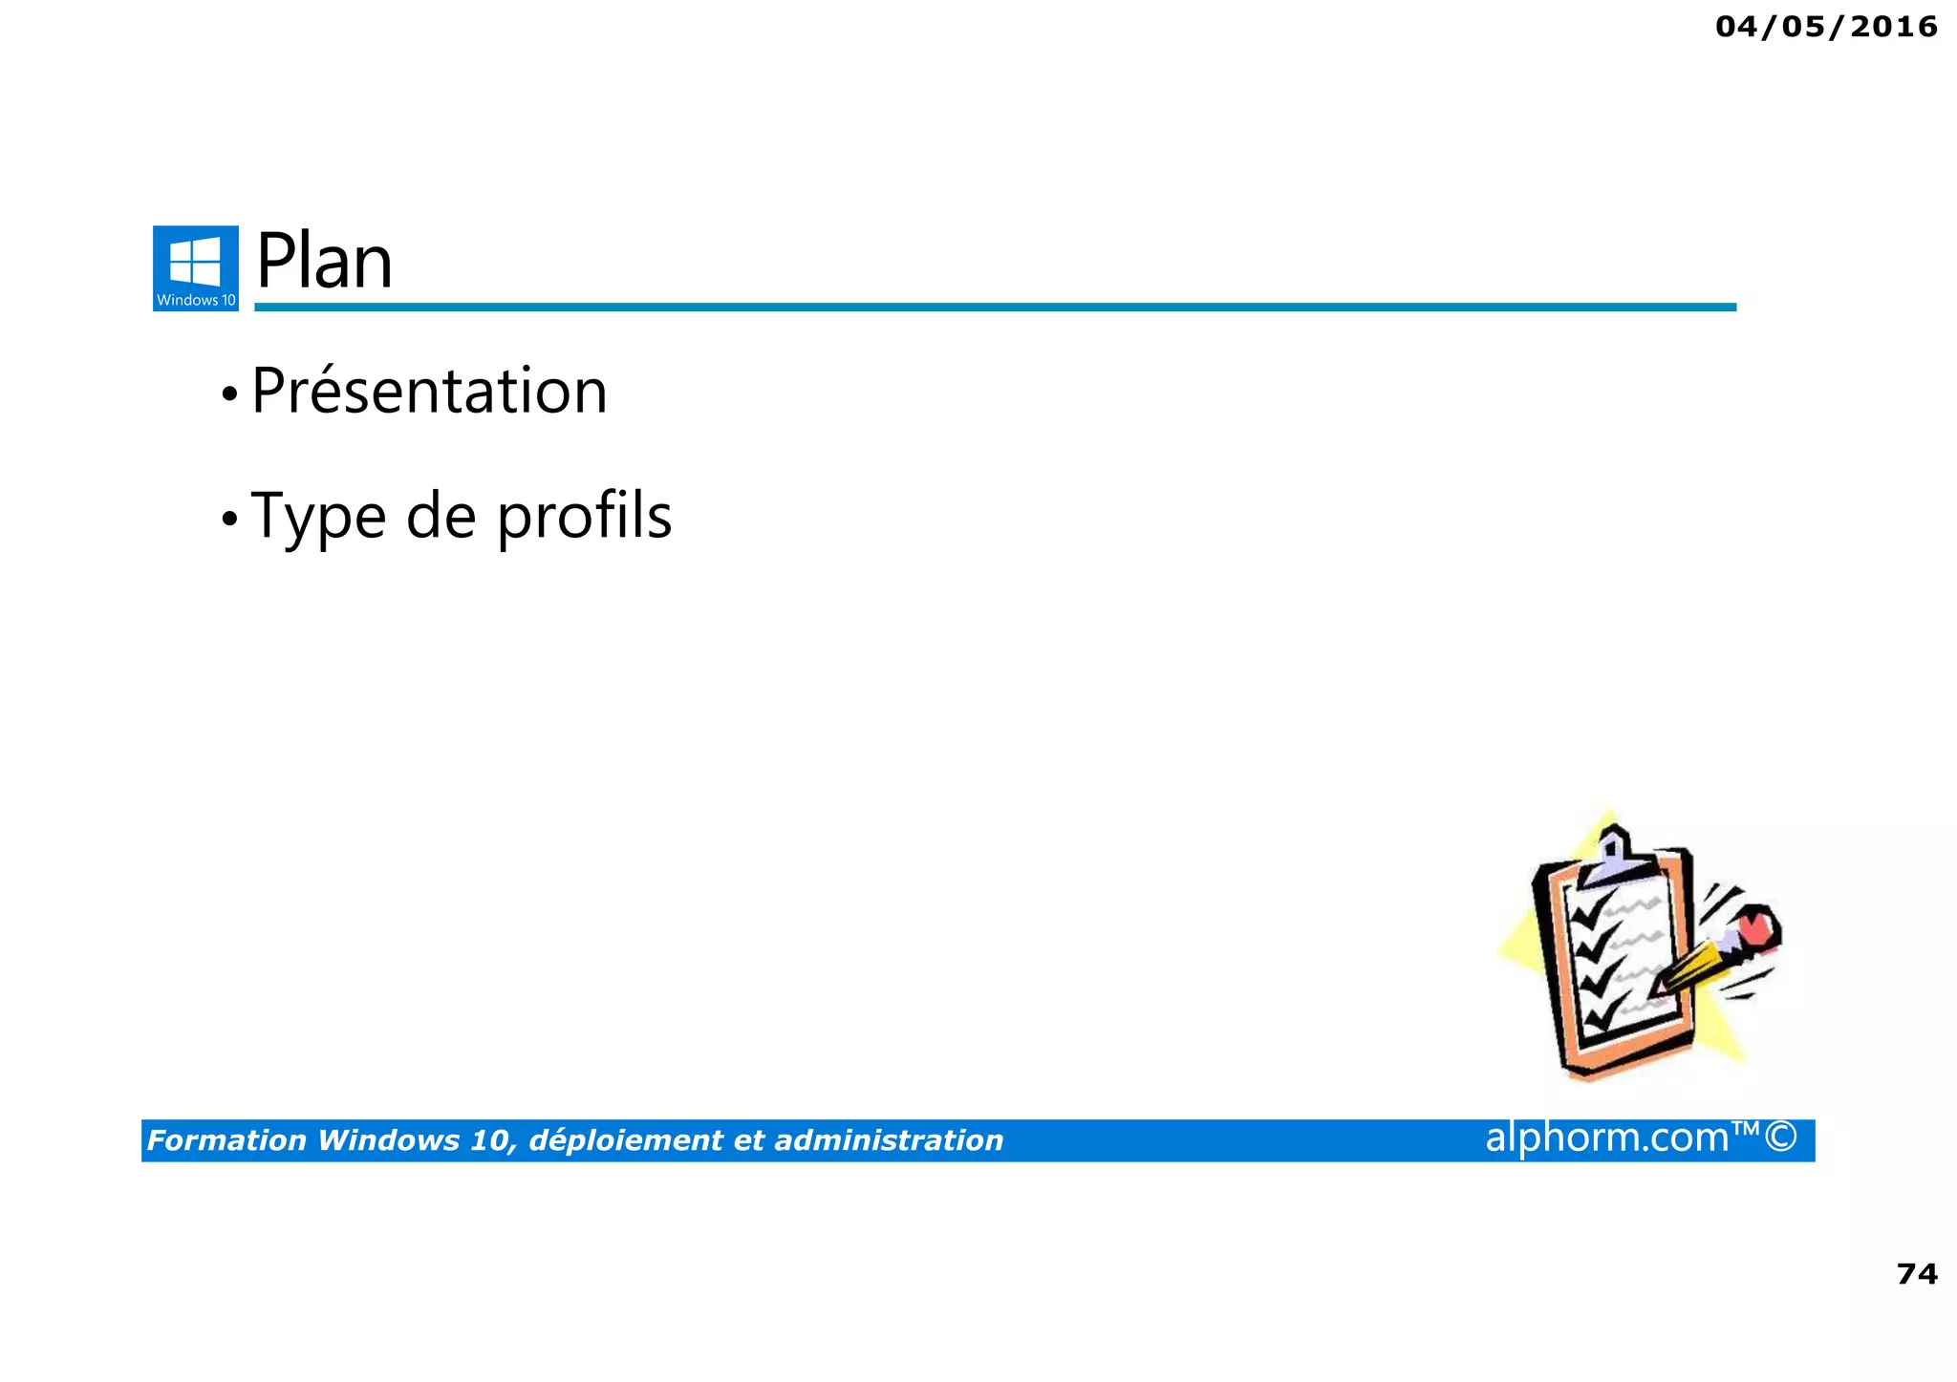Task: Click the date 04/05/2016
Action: pos(1826,27)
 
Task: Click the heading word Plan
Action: pos(324,262)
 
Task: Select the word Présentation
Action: pos(429,392)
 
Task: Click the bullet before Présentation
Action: pos(228,393)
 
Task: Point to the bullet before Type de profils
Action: pos(228,519)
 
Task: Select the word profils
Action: pos(585,517)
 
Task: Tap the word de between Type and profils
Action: pos(441,517)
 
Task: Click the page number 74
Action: pos(1916,1274)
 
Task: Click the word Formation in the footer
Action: pos(226,1140)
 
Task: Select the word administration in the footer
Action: pos(888,1140)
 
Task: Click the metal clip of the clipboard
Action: pos(1614,856)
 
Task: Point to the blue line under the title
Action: pos(994,307)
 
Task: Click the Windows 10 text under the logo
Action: pos(196,300)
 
